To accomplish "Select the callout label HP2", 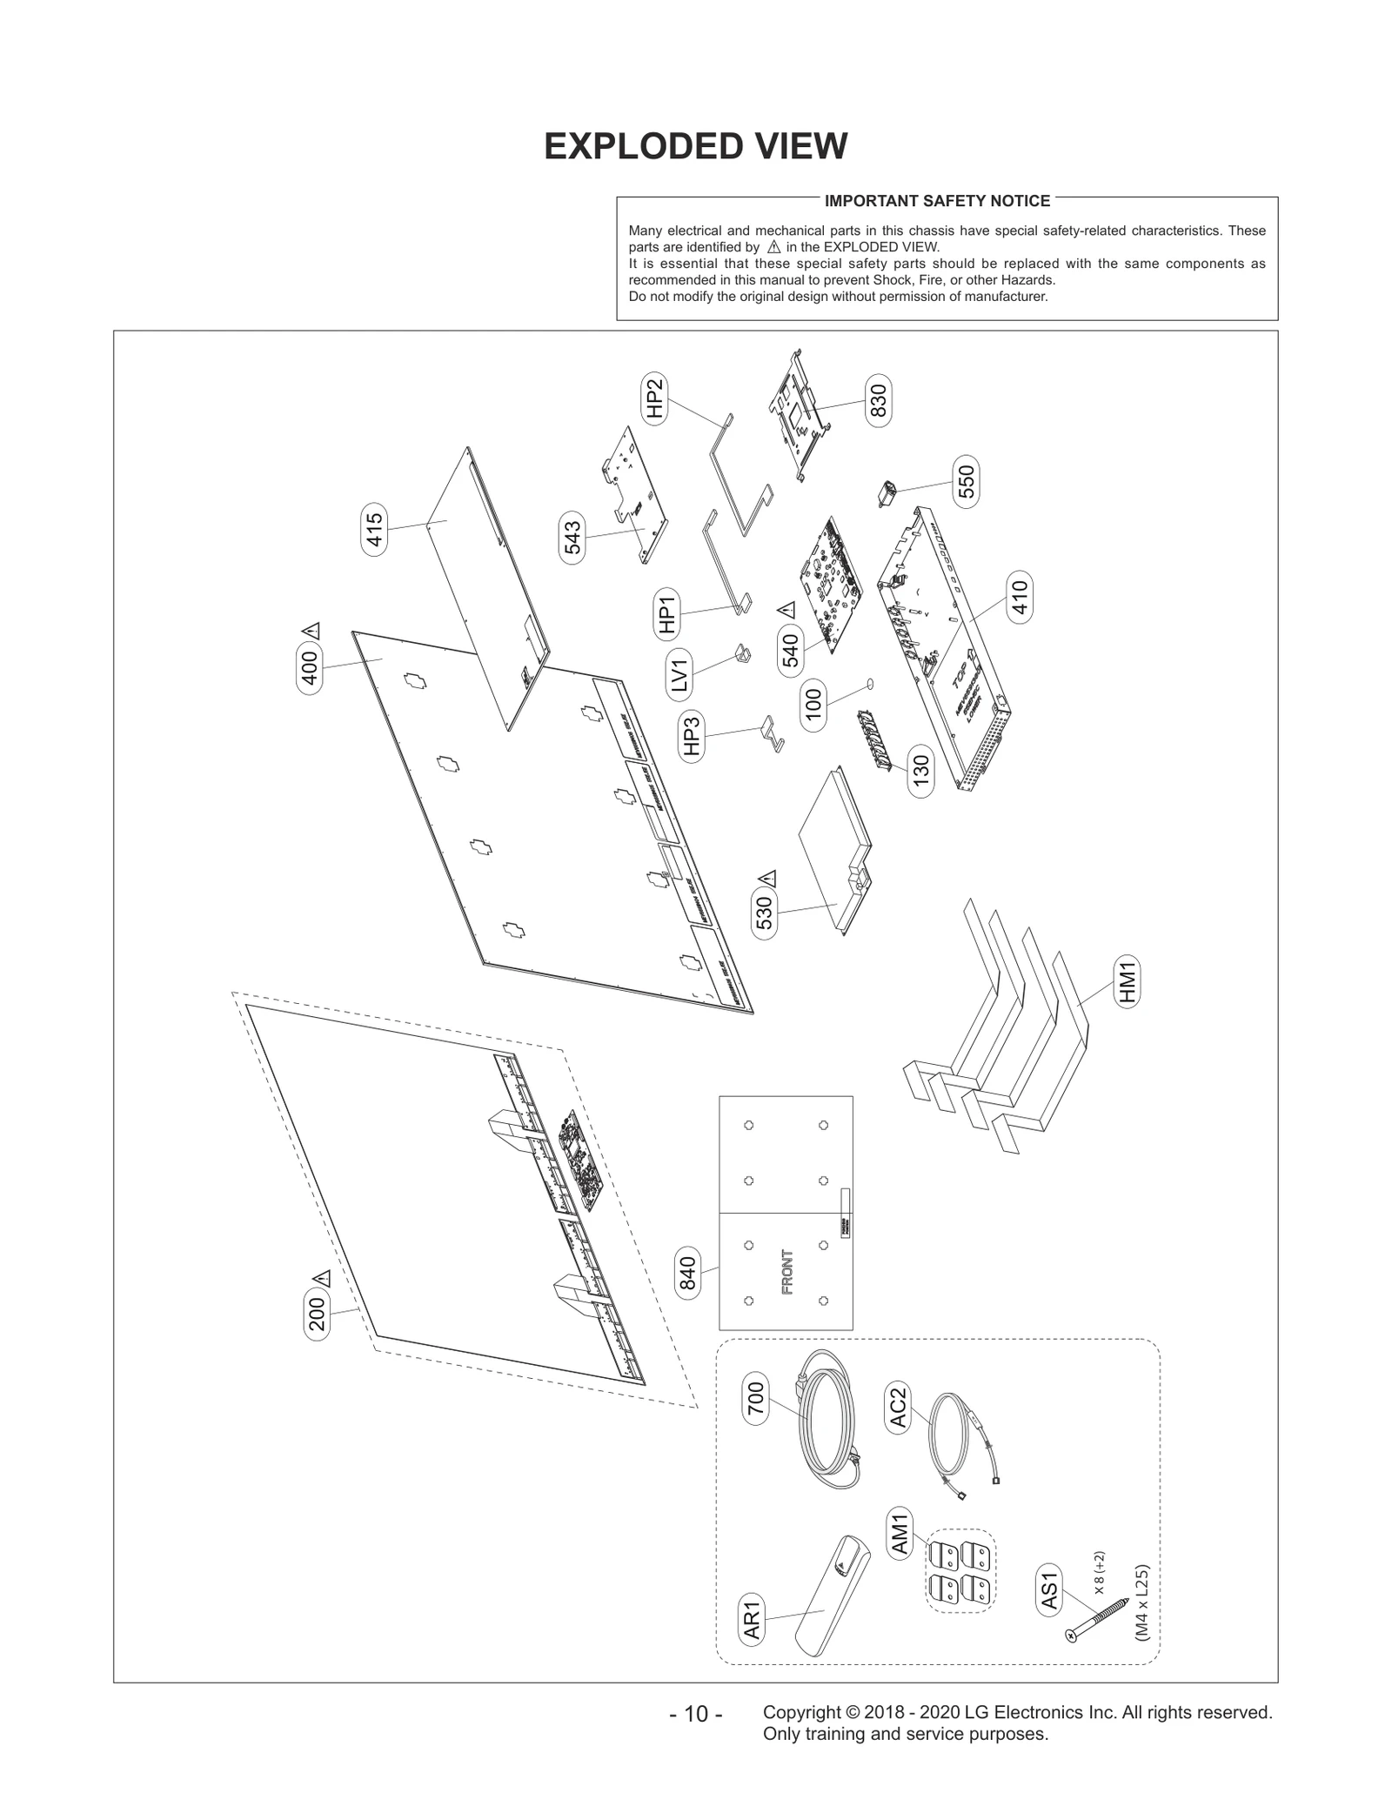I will click(655, 398).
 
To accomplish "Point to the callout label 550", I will click(966, 481).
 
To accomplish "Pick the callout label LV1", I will click(679, 675).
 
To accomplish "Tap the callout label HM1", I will click(1128, 982).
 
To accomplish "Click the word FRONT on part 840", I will click(787, 1272).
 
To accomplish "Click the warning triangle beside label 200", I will click(322, 1278).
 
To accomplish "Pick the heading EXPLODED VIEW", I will click(695, 146).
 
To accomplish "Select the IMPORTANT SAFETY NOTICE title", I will click(937, 201).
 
